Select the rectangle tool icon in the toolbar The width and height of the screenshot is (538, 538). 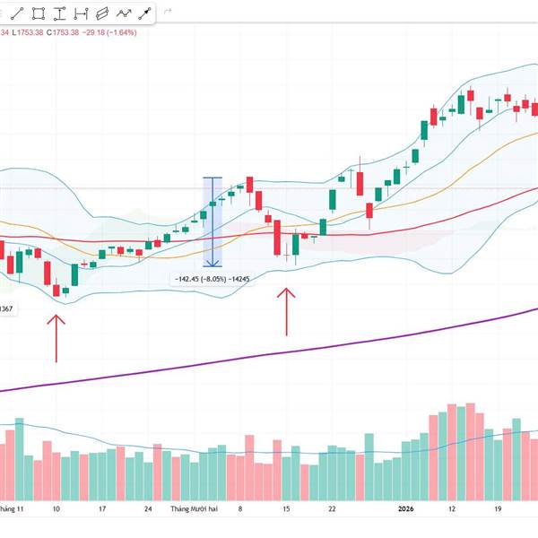click(39, 13)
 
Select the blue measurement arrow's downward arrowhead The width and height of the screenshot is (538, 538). click(213, 263)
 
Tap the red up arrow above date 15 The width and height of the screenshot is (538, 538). click(287, 309)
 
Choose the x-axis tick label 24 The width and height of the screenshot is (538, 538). click(148, 508)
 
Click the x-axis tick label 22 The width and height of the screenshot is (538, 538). click(333, 508)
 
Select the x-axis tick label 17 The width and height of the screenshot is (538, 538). click(102, 508)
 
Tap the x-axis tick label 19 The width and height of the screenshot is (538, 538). click(497, 508)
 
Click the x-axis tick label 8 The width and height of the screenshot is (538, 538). click(239, 508)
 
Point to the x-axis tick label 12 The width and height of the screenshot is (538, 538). click(453, 508)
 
